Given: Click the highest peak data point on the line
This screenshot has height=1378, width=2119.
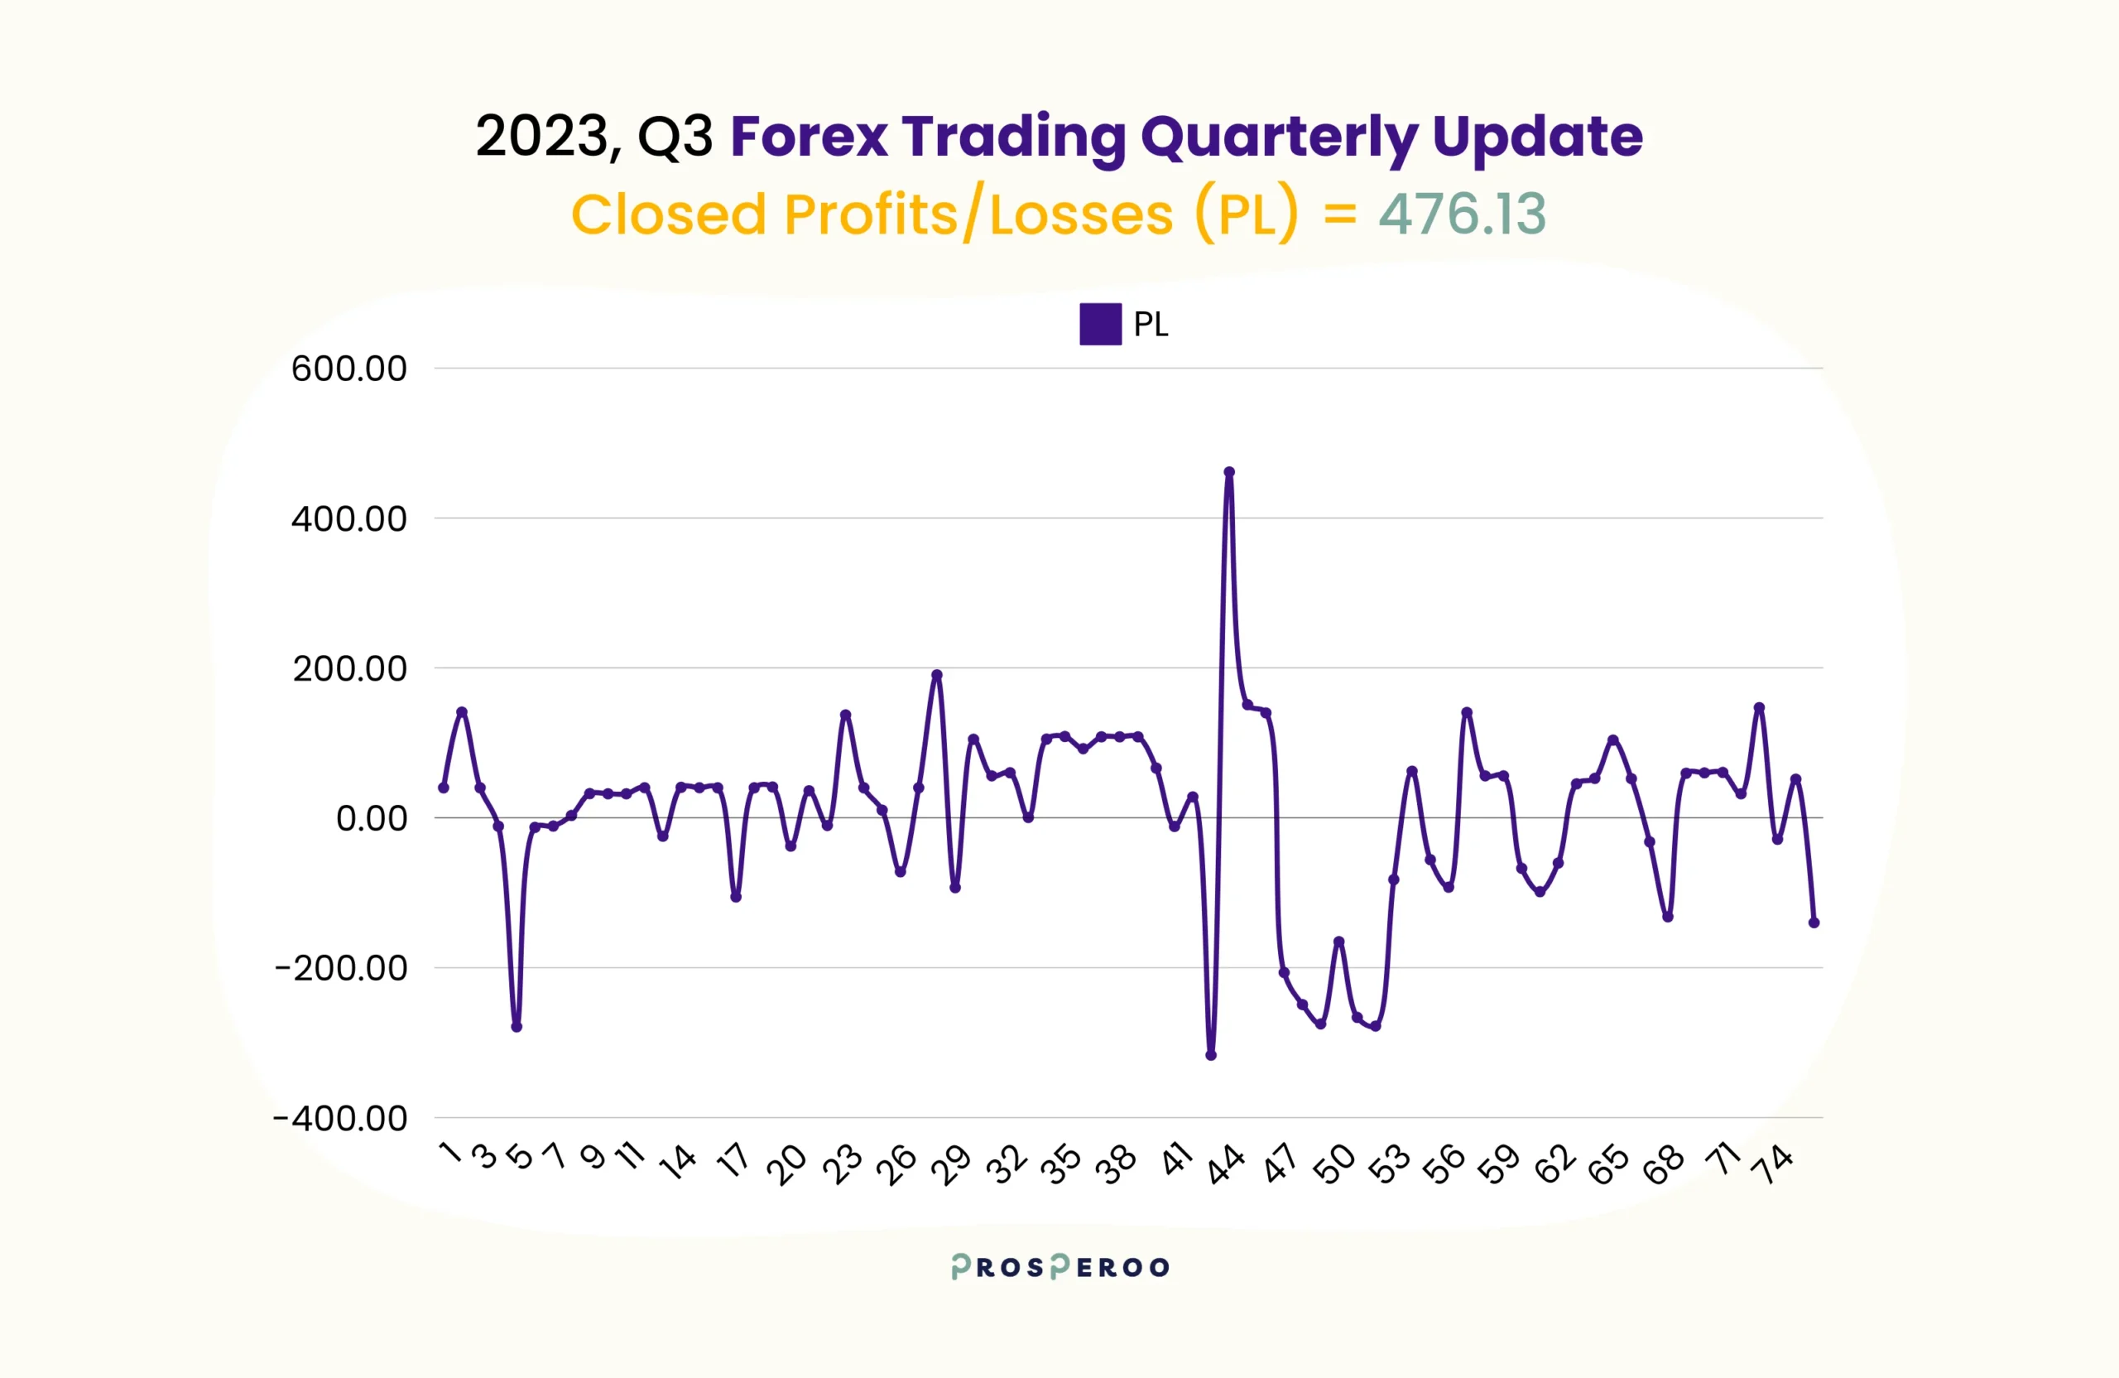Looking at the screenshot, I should pos(1228,472).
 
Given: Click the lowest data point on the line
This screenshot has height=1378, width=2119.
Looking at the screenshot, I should pos(1211,1056).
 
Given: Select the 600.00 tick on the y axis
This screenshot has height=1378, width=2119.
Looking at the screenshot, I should pos(349,369).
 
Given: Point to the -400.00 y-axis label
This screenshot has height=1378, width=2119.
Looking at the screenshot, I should pos(340,1118).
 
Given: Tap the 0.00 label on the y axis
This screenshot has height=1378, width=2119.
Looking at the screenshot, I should pos(372,817).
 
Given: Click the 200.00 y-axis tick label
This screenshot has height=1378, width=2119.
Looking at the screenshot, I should pos(350,668).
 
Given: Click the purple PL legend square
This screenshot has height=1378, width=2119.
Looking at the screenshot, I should pos(1100,325).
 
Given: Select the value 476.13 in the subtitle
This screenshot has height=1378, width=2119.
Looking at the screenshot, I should pos(1462,214).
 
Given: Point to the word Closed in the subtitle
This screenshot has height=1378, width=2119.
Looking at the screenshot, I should pos(669,214).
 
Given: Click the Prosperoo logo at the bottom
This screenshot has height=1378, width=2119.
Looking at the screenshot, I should pos(1059,1267).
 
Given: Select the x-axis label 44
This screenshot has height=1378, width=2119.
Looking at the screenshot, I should pos(1226,1164).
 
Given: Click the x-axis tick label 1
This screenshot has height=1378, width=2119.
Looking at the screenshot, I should pos(451,1153).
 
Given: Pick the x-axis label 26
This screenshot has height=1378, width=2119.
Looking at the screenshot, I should pos(896,1164).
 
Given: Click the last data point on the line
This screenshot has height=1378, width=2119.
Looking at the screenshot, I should pos(1814,923).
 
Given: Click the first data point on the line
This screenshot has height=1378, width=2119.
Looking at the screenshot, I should pos(444,788).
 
